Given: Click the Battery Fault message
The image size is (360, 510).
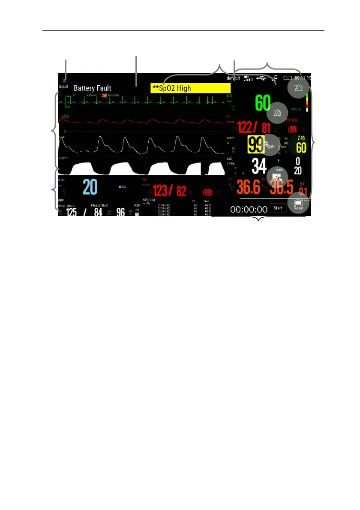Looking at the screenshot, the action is point(92,88).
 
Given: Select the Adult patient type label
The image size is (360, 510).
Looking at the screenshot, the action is point(63,86).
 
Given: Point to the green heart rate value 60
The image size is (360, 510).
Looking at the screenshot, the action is point(263,103).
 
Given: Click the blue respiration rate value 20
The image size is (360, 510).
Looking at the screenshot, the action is point(90,188).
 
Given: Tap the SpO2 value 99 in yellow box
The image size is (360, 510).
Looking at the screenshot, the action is point(257,145).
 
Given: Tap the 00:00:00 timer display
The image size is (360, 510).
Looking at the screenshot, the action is point(249,209).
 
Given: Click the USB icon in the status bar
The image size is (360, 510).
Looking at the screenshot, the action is point(261,78).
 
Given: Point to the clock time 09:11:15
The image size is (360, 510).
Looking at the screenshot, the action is point(303,78).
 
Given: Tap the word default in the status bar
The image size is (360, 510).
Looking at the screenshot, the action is point(233,78).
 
